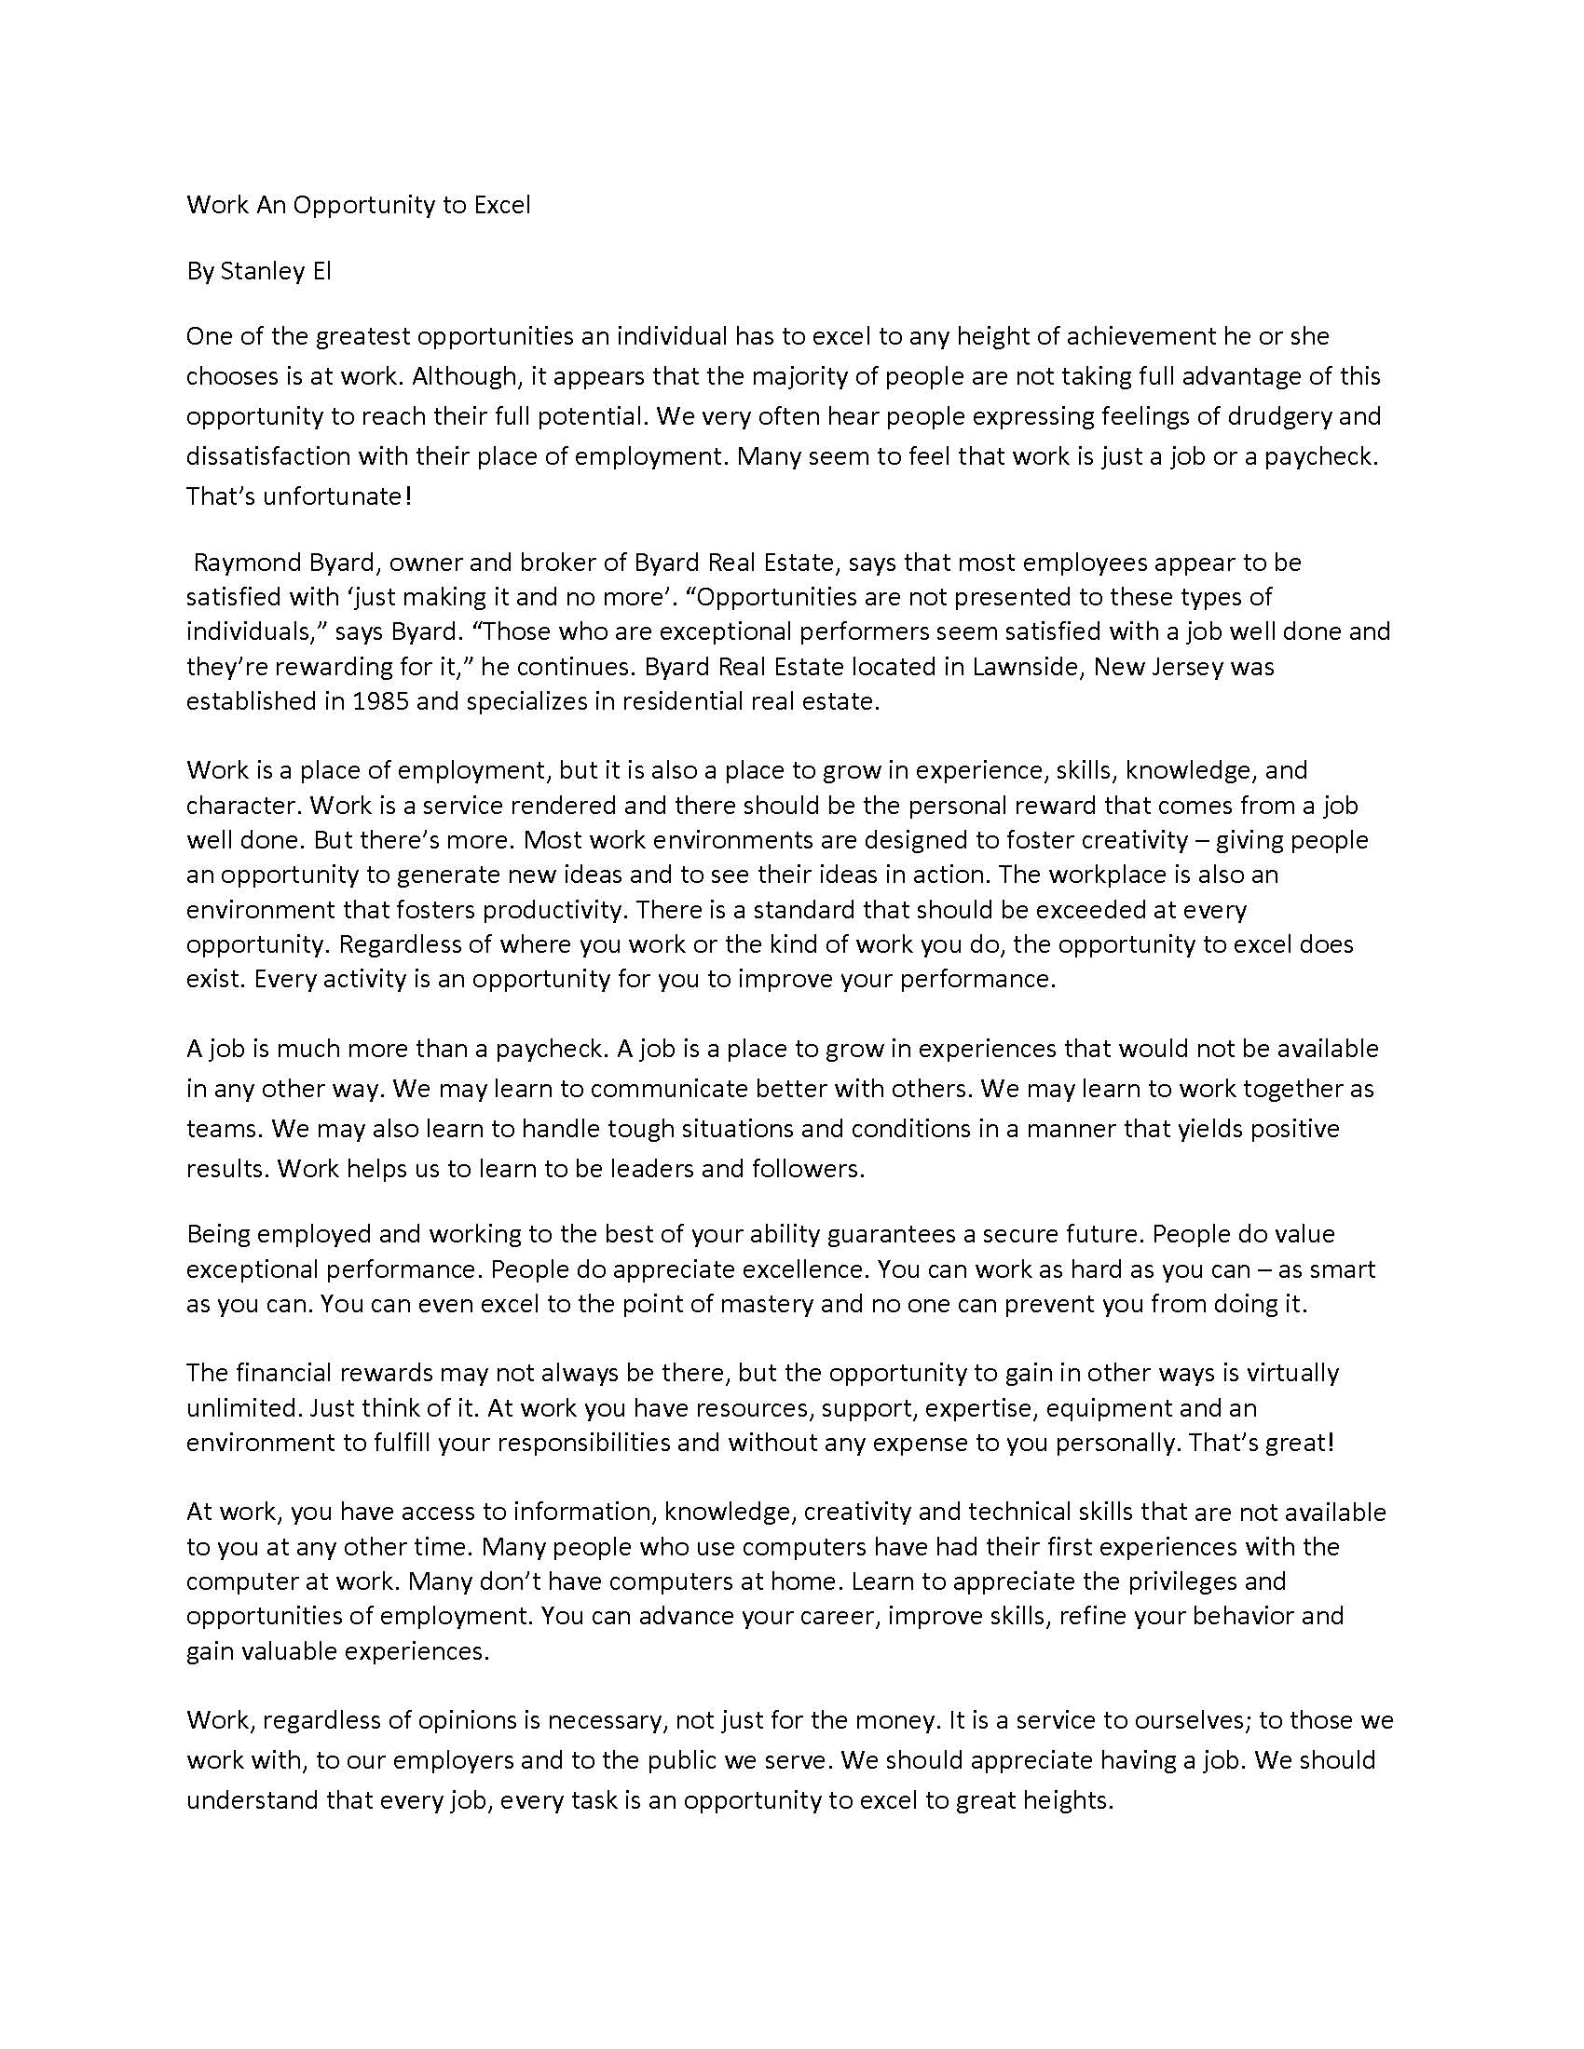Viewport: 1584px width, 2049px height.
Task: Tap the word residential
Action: [x=679, y=700]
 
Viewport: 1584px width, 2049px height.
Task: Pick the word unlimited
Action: [x=241, y=1407]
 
